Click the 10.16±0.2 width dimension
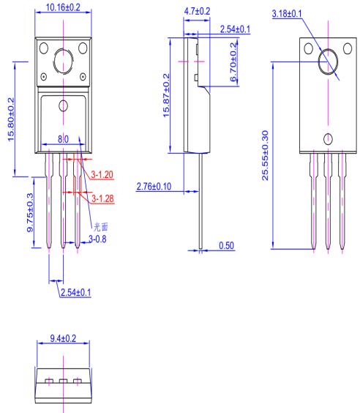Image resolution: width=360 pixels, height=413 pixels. [x=63, y=7]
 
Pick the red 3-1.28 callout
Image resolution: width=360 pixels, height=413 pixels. [x=102, y=198]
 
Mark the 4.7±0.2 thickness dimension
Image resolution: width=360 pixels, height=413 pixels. [x=195, y=12]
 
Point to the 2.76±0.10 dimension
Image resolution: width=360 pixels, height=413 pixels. [x=154, y=188]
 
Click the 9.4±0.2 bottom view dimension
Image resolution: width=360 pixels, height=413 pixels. [x=63, y=339]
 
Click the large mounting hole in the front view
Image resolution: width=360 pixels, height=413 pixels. [x=63, y=59]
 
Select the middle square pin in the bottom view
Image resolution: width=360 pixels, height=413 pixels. [x=63, y=381]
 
